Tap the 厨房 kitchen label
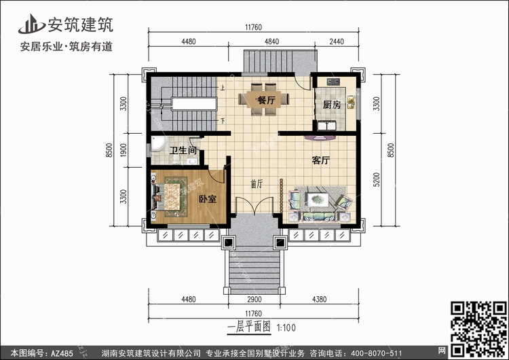tap(331, 105)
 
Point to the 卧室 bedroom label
tap(207, 199)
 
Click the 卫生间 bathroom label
tap(183, 150)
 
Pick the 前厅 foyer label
tap(256, 183)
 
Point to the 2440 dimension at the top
tap(337, 41)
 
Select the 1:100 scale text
tap(285, 327)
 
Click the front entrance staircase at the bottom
tap(252, 274)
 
